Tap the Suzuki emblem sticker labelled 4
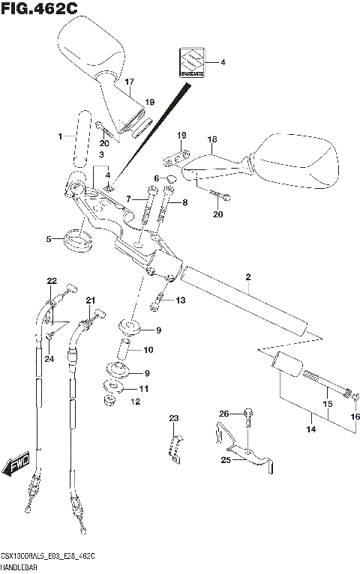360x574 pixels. pos(189,64)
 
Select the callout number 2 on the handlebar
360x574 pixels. pos(247,277)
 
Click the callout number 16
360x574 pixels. pos(355,417)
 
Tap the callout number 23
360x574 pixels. pos(173,418)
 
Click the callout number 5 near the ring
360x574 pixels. pos(49,240)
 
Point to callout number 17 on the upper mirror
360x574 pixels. pos(129,82)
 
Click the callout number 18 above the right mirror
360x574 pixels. pos(211,139)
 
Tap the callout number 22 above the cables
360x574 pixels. pos(52,281)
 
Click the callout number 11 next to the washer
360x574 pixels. pos(144,389)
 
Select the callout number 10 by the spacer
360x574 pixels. pos(148,349)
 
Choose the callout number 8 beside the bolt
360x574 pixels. pos(184,202)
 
